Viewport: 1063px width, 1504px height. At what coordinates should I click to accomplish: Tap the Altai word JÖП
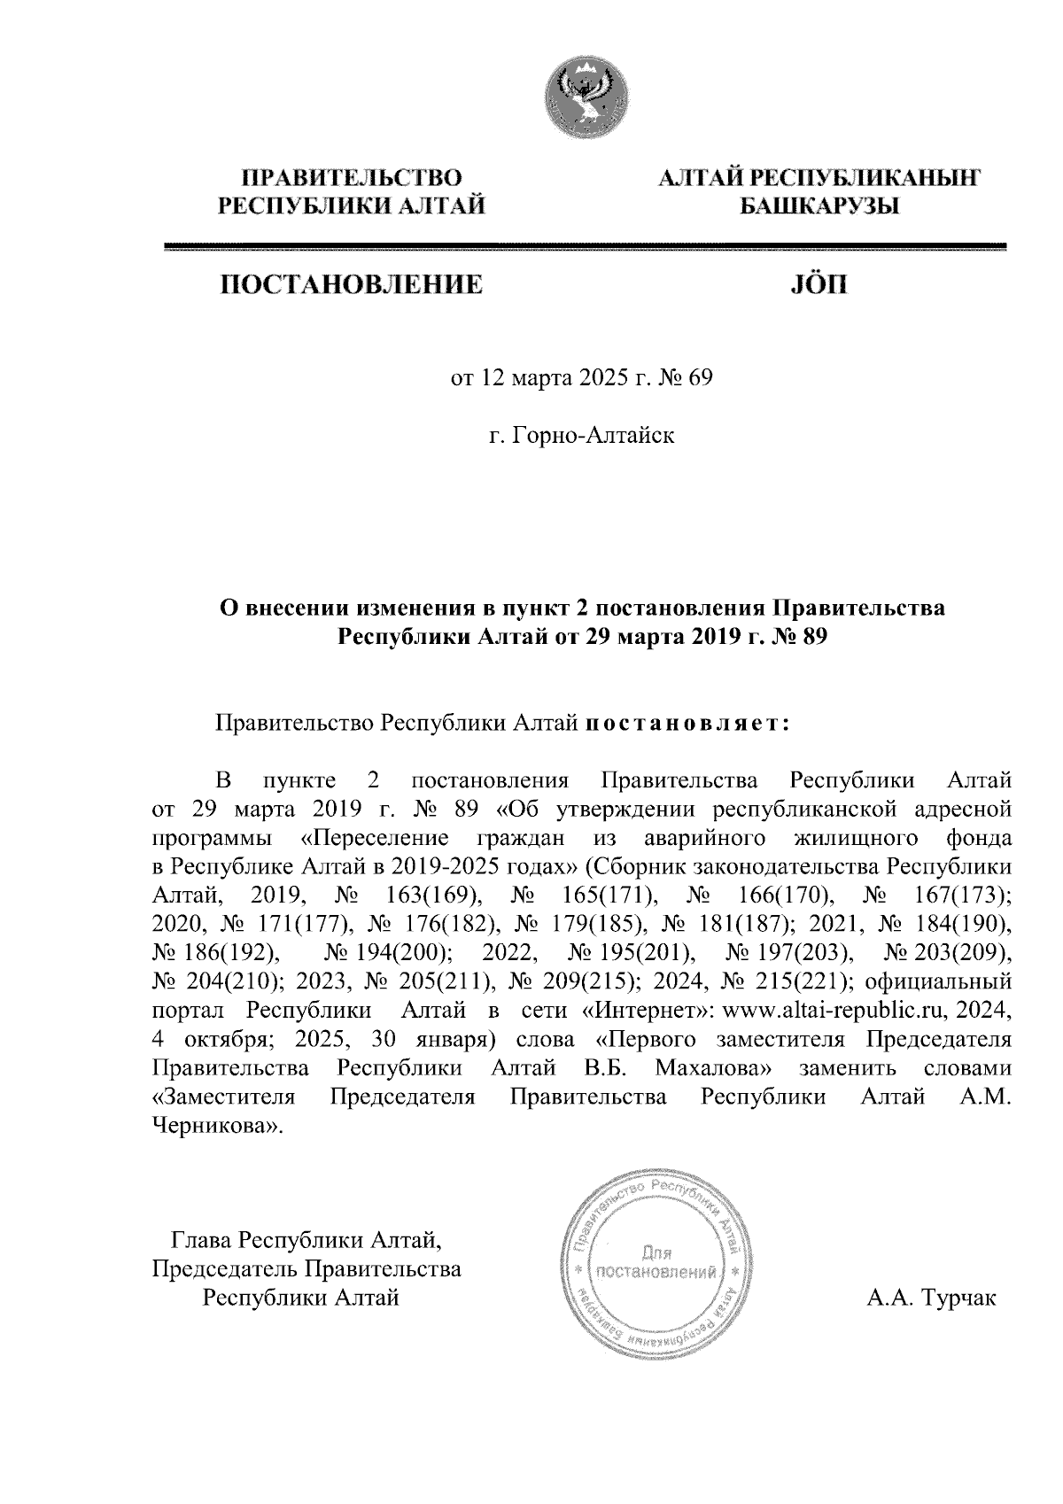point(818,285)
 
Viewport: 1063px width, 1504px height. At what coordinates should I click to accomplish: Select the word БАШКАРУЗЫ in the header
point(819,207)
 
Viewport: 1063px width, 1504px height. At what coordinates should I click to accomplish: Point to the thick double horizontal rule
point(586,247)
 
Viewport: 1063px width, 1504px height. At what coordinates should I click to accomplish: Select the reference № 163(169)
point(406,895)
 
